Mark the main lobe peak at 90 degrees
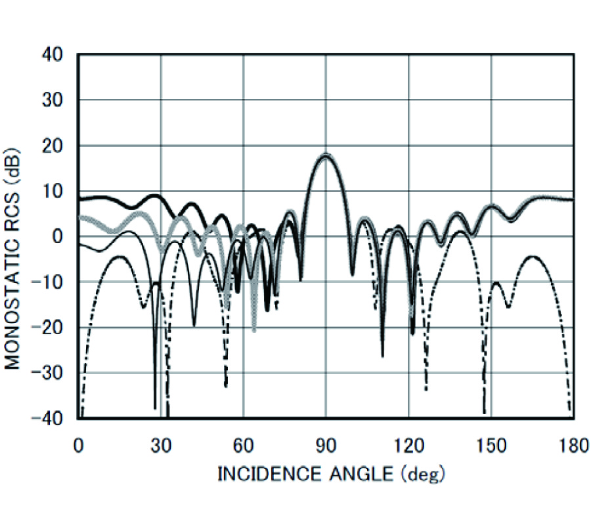pyautogui.click(x=326, y=155)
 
